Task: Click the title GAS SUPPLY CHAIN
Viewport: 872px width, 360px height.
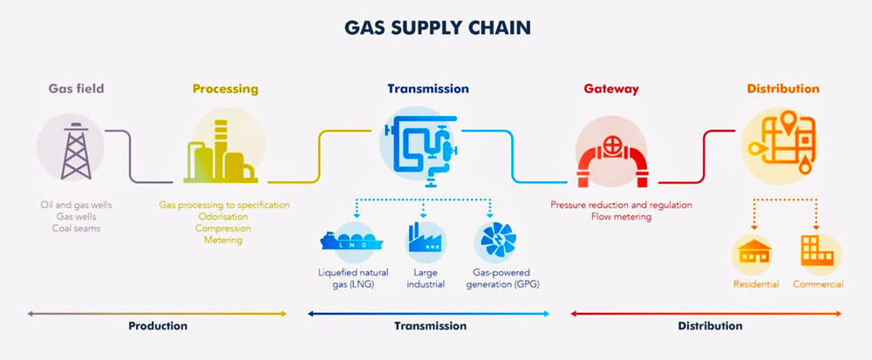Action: pos(436,29)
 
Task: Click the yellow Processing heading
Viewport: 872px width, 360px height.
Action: pos(225,89)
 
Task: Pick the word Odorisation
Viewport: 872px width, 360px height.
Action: pos(224,217)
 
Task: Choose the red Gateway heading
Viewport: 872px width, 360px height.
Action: pos(611,89)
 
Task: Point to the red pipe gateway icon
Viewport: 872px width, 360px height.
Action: pos(611,153)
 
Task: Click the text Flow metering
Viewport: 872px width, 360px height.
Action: pos(620,217)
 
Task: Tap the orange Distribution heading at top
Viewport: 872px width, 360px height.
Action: pos(782,89)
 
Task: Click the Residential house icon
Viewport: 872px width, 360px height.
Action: pos(754,253)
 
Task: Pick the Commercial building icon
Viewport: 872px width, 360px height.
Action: pos(816,252)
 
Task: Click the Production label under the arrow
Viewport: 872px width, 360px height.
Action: pos(158,326)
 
